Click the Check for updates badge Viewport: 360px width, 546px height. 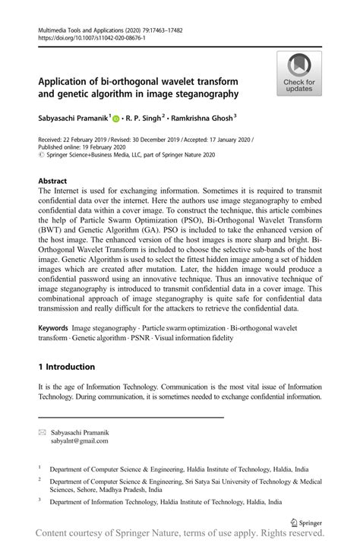[299, 74]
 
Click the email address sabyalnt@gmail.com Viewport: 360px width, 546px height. [79, 440]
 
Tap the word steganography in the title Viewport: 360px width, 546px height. [204, 94]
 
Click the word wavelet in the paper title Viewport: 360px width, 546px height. [178, 81]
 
